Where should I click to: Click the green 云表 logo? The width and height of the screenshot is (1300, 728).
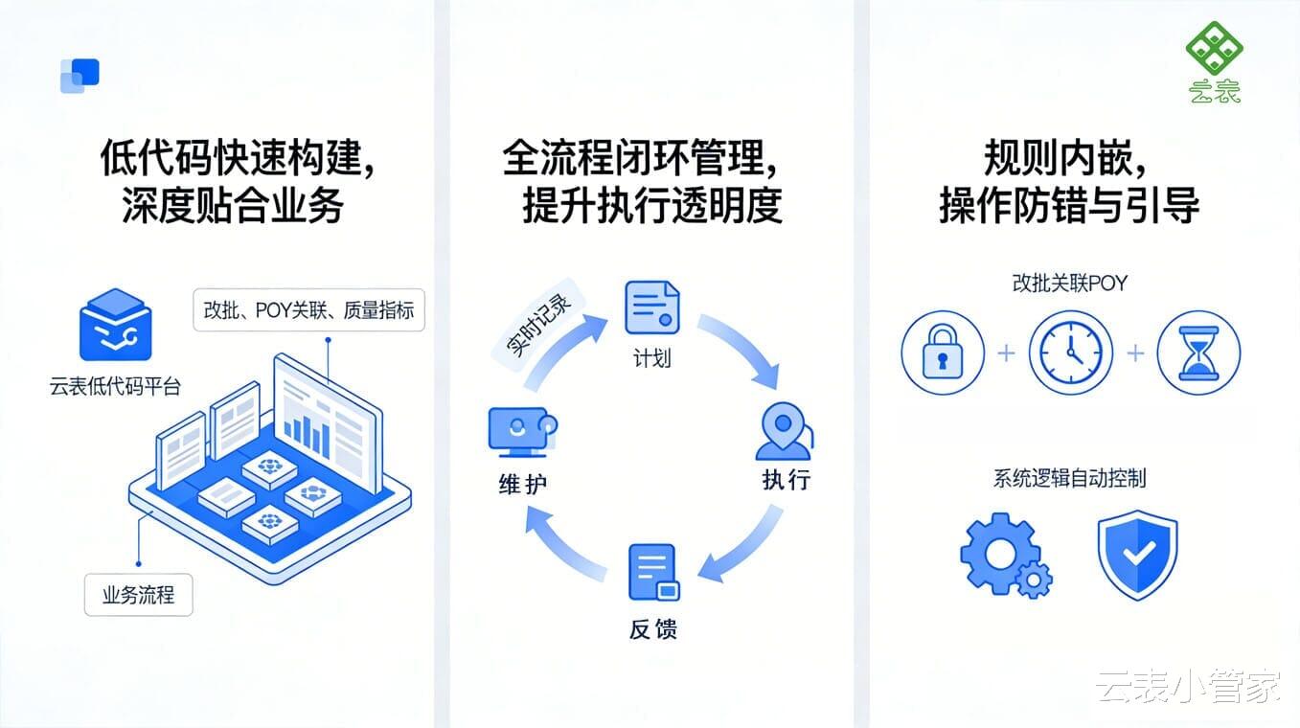coord(1214,61)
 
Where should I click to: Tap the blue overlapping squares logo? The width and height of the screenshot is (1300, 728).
coord(80,76)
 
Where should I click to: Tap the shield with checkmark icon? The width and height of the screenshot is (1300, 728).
coord(1137,555)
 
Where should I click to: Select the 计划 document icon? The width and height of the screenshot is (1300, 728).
coord(651,307)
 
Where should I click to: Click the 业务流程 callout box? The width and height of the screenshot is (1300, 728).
coord(139,595)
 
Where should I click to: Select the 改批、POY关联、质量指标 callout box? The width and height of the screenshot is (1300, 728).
coord(308,310)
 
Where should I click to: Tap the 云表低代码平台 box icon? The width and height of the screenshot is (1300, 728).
coord(115,326)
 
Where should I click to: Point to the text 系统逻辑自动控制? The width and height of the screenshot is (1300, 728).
coord(1069,478)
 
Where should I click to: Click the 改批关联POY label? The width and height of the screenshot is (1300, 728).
coord(1069,284)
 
